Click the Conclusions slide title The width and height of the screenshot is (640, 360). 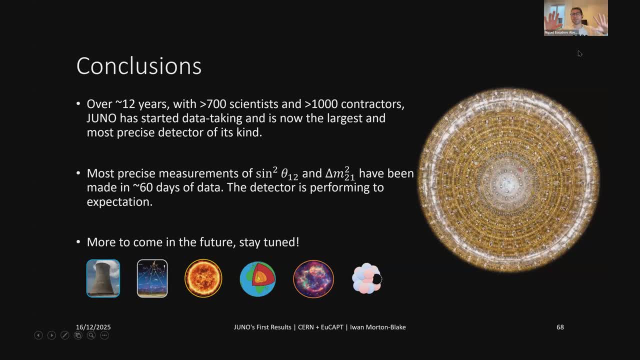(x=139, y=66)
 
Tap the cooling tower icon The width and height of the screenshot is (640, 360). (x=103, y=278)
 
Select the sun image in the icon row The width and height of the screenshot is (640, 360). (x=203, y=278)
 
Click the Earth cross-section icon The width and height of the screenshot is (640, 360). (x=257, y=279)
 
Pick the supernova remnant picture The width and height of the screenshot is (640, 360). (x=313, y=279)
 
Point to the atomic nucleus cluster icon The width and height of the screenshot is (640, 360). (x=367, y=278)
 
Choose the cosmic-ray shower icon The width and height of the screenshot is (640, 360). (x=152, y=278)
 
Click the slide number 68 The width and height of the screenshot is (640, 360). (x=560, y=327)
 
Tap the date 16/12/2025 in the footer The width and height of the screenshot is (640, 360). (x=93, y=327)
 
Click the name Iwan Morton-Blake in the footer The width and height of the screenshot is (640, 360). (x=377, y=327)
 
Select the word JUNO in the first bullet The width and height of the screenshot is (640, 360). (x=101, y=118)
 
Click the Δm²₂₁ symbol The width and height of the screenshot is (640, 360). (x=340, y=173)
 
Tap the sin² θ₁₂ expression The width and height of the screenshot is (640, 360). (x=277, y=173)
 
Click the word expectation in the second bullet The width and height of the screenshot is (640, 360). (x=119, y=202)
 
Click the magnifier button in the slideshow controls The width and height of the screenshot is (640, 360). (x=91, y=335)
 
